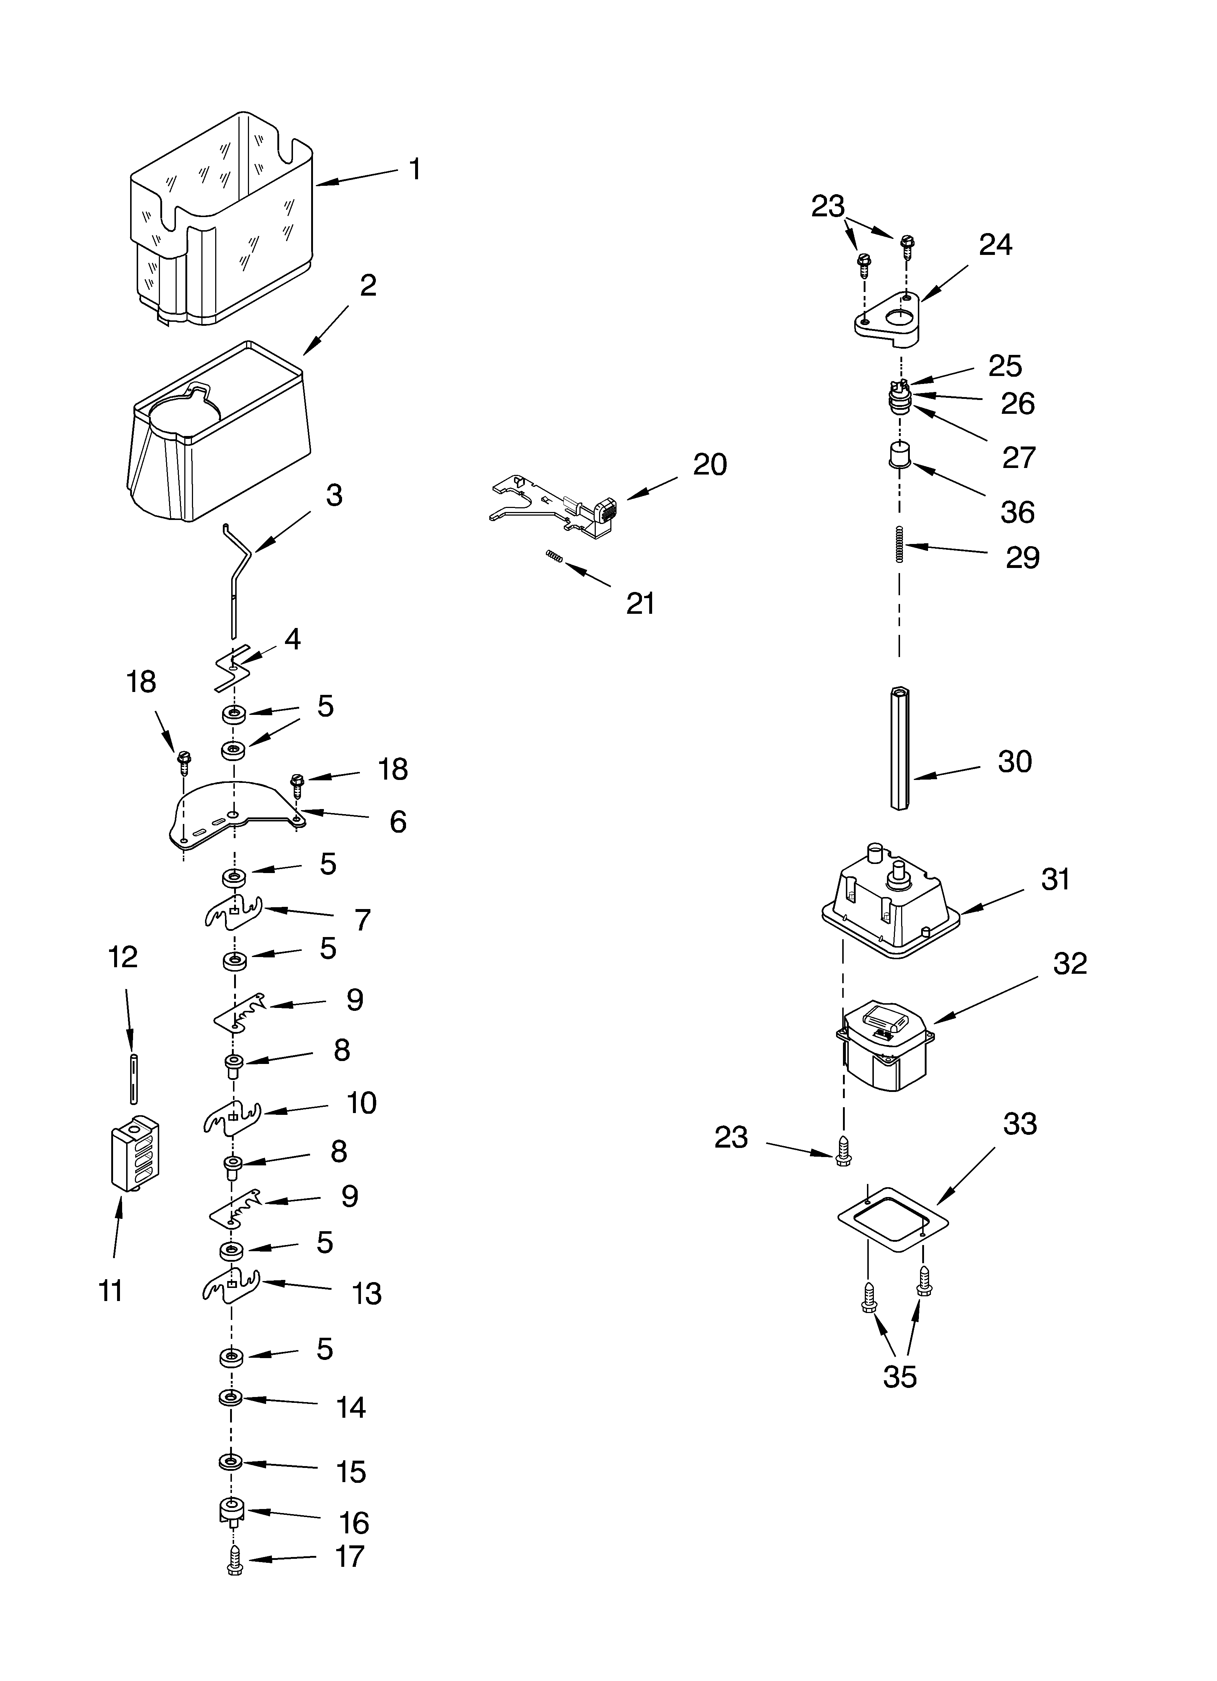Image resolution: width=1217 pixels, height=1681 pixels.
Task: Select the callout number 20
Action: pyautogui.click(x=709, y=465)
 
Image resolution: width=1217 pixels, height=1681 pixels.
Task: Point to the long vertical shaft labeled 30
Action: pyautogui.click(x=900, y=749)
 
